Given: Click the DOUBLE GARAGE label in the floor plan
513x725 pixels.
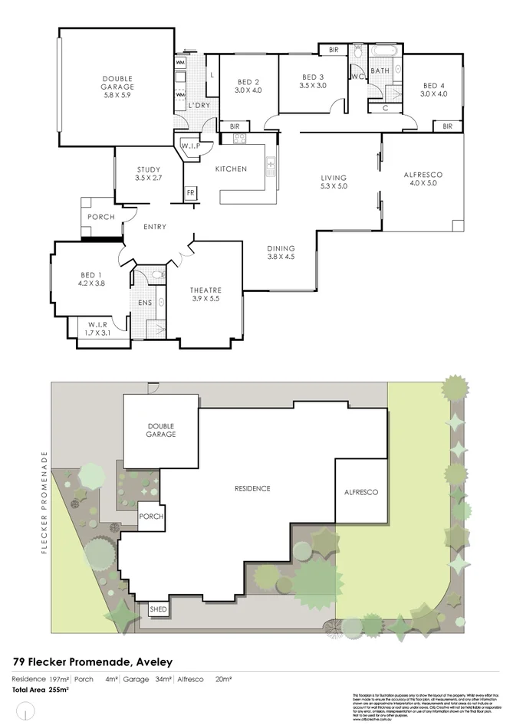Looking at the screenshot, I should coord(118,87).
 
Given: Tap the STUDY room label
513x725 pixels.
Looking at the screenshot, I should coord(147,174).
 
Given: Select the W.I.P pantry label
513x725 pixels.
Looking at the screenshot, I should coord(190,146).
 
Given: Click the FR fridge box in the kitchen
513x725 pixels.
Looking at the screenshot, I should coord(190,192).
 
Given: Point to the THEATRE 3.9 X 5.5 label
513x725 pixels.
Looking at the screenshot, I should coord(206,294).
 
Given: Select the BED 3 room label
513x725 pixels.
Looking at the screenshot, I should coord(313,80).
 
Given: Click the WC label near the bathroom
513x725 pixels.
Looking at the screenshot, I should coord(357,77).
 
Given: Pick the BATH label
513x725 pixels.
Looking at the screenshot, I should coord(380,71).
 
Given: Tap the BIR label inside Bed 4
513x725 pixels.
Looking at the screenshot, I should coord(447,126).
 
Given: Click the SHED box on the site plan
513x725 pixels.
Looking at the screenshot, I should coord(158,609).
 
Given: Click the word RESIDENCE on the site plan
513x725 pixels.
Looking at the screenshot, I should coord(252,489).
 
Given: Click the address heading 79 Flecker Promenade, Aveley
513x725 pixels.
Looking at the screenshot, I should coord(92,661).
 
